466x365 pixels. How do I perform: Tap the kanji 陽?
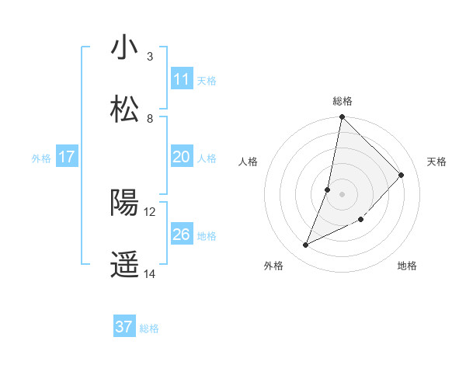[124, 203]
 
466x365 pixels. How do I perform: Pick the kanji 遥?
[124, 265]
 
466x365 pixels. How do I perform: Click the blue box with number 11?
[182, 79]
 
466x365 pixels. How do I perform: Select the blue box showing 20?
[182, 157]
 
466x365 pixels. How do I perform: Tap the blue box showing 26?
[182, 235]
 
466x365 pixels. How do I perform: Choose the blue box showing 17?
[67, 157]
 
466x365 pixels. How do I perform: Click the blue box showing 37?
[124, 327]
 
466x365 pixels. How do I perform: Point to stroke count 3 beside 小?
[149, 57]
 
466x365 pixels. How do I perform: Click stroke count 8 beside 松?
[149, 119]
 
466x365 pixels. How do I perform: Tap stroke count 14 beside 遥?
[150, 273]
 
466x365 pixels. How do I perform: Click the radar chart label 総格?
[343, 101]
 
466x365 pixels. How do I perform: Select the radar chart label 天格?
[436, 162]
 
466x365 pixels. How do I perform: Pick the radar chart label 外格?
[273, 266]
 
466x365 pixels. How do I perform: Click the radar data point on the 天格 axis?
[402, 175]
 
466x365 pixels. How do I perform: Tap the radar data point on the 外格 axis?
[306, 245]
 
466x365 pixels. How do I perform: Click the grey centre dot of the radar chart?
[343, 193]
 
